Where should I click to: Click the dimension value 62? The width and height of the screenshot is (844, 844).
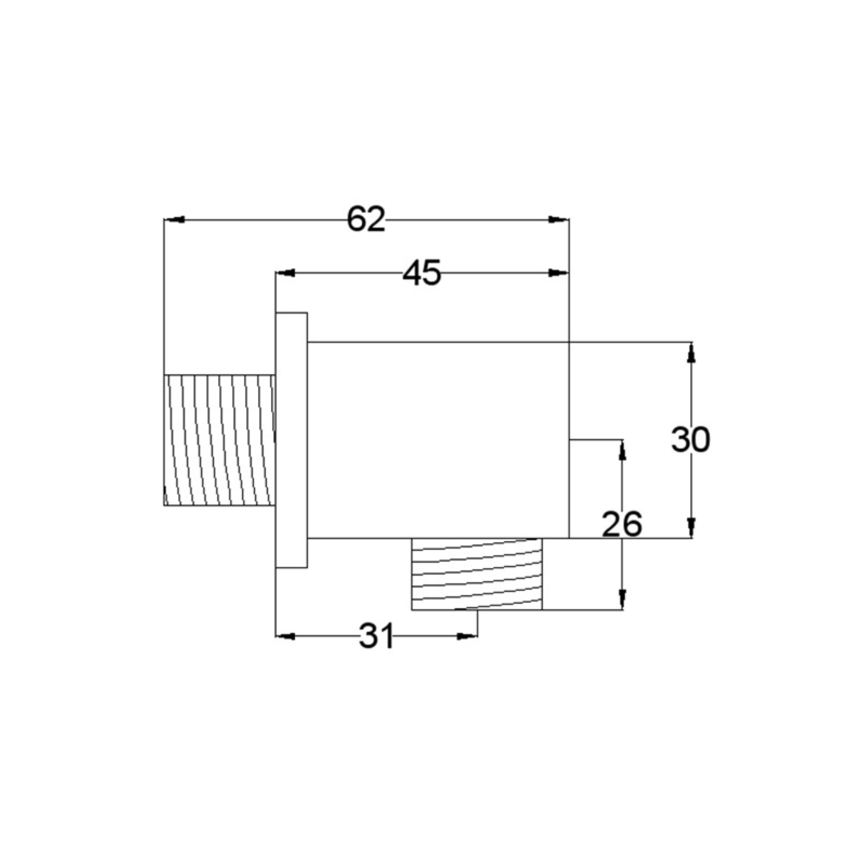[366, 219]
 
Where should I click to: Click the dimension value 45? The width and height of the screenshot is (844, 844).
[422, 273]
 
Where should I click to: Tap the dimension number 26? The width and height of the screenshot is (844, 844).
[622, 524]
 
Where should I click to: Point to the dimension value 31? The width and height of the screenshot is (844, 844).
[376, 636]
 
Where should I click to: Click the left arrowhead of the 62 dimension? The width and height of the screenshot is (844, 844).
[174, 220]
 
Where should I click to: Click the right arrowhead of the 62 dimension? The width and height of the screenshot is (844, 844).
[559, 220]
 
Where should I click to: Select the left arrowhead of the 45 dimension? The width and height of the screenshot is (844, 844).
[286, 273]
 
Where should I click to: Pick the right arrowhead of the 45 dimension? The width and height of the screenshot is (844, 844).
[559, 273]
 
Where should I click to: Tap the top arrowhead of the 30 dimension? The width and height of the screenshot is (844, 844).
[692, 352]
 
